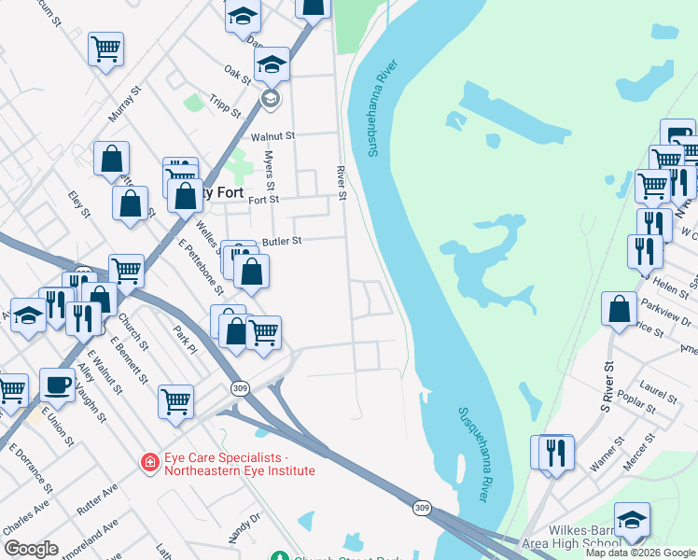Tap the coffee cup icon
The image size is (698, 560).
(58, 384)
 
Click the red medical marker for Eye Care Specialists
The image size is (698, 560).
(148, 462)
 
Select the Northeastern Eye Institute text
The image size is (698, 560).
(240, 471)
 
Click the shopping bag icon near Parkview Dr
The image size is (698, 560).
(620, 309)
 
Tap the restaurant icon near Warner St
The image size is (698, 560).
(557, 453)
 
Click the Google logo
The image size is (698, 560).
(32, 549)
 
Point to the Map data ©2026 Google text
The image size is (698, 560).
(640, 553)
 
